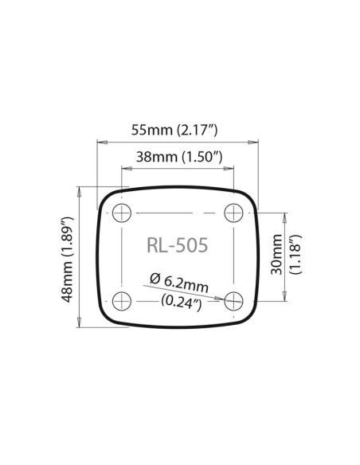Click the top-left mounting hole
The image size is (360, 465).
[122, 213]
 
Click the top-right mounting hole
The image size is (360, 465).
[233, 213]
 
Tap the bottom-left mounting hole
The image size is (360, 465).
[122, 300]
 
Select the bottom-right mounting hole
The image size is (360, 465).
[233, 300]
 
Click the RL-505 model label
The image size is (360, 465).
[178, 245]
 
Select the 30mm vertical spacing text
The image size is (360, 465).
[276, 255]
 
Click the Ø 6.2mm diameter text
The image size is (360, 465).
[178, 281]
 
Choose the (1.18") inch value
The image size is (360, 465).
[295, 255]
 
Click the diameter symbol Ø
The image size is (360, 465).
[154, 278]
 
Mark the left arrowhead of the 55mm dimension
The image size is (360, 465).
[100, 143]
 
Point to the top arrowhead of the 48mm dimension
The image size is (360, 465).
[78, 190]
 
